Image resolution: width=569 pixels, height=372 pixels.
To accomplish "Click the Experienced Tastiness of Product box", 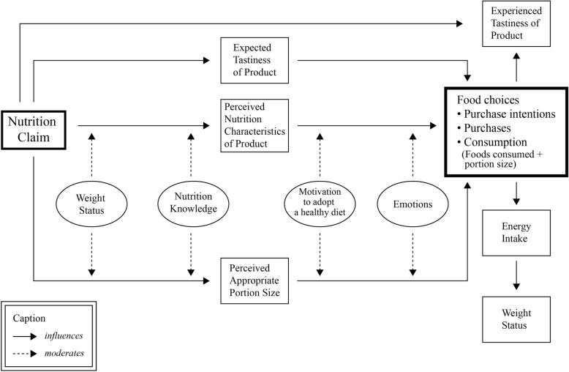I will point(517,23).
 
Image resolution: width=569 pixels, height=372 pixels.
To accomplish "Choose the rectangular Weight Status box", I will point(517,318).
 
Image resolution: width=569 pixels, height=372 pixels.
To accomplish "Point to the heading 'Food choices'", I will point(488,100).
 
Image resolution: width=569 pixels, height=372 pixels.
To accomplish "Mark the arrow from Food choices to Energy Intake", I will point(517,193).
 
